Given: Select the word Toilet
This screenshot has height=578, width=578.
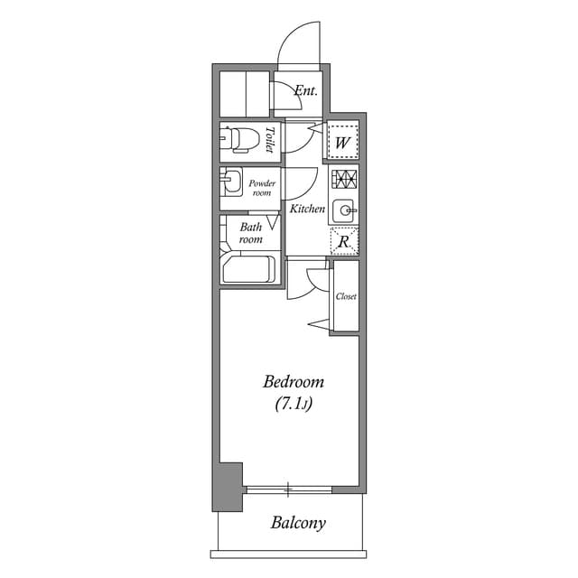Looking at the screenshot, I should [270, 140].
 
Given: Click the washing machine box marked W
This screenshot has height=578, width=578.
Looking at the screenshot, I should [342, 141].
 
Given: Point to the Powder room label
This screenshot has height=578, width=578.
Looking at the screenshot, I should [262, 188].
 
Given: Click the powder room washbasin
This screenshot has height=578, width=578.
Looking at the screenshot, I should [231, 182].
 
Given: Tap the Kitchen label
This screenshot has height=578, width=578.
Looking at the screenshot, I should [307, 209].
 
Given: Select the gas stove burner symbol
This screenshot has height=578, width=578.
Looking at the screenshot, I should [344, 179].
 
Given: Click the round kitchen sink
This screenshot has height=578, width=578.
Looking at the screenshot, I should [344, 211].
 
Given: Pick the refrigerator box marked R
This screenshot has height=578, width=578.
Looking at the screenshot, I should [344, 241].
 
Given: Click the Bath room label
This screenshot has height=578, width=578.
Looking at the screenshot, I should [250, 233].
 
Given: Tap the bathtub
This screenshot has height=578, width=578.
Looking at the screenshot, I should [247, 270].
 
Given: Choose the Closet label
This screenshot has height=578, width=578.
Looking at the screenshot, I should [346, 296].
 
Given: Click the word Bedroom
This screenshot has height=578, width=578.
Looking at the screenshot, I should [294, 382].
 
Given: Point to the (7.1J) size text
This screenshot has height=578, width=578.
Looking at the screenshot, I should [294, 405].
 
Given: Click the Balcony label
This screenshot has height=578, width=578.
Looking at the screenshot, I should [298, 523].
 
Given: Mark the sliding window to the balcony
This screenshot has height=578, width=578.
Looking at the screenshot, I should [288, 489].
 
